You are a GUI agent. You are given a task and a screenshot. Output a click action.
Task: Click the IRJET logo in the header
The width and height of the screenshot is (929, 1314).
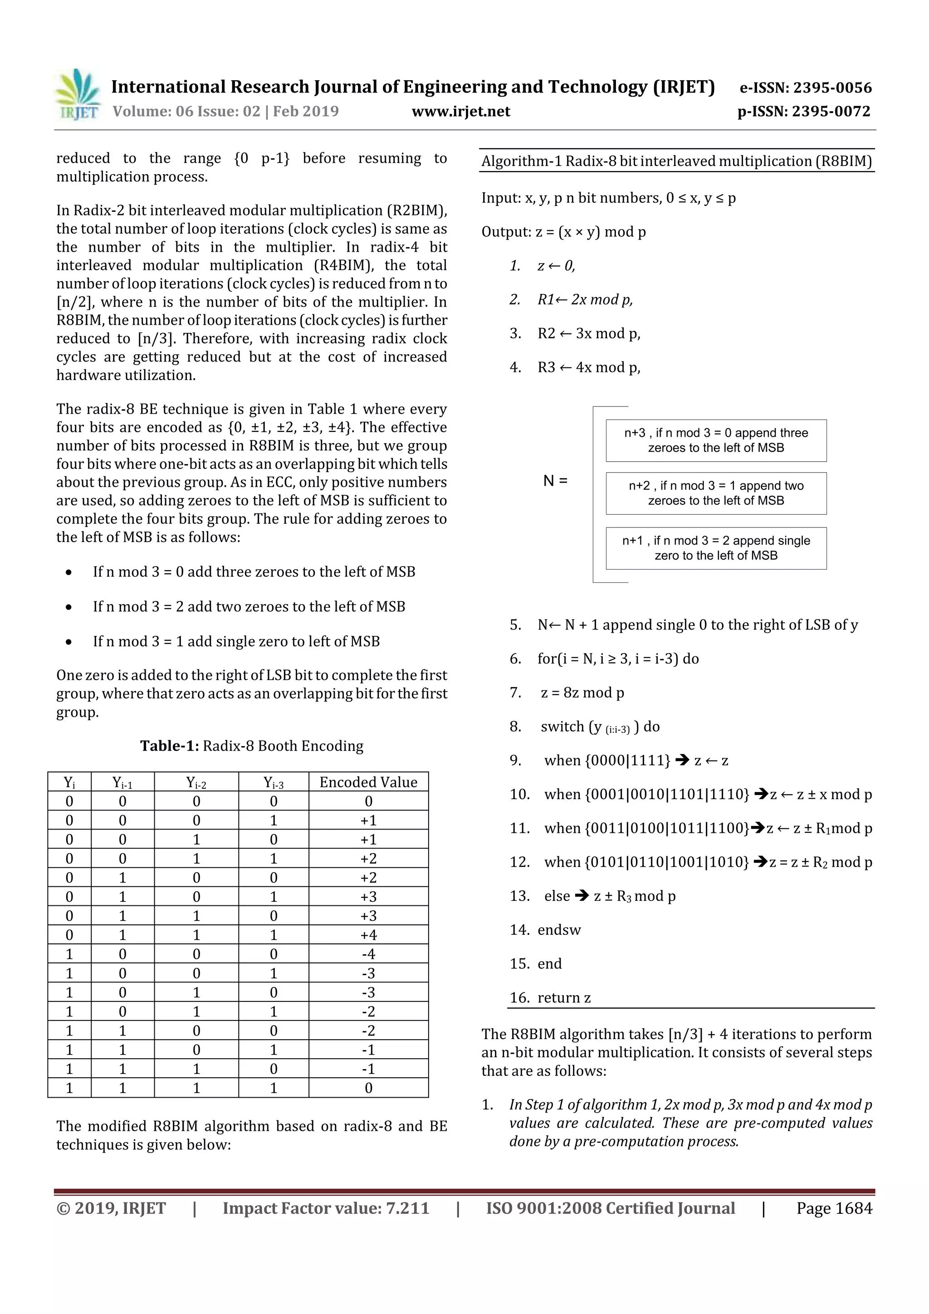[77, 94]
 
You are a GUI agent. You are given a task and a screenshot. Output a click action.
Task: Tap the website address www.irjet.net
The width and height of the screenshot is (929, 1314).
[461, 112]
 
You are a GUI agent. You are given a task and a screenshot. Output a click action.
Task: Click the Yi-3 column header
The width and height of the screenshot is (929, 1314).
[273, 782]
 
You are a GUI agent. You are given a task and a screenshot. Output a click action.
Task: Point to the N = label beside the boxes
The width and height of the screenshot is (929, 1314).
[555, 481]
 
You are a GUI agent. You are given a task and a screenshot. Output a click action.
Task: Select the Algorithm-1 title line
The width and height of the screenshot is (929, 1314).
[677, 161]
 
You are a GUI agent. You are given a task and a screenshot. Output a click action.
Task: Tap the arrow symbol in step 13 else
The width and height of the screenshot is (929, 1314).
[582, 896]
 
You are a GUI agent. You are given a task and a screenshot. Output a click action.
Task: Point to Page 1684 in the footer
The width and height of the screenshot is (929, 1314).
[834, 1208]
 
